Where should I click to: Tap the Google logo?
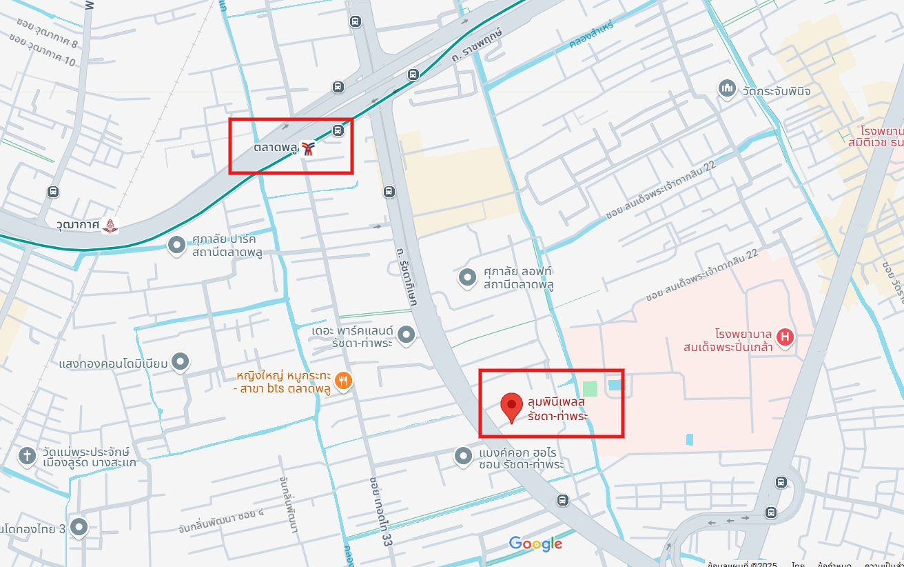(535, 544)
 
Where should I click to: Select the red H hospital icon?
(784, 337)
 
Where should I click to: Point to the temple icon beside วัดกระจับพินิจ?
(727, 88)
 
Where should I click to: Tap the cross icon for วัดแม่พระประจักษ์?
(27, 455)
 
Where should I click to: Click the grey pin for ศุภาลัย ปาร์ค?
(177, 245)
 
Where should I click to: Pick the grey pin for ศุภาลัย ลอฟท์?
(468, 277)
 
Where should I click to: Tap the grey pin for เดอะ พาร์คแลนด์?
(407, 335)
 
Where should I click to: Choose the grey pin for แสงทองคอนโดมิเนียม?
(181, 361)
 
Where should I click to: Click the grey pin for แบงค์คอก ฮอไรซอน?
(463, 455)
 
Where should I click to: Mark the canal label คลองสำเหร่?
(591, 34)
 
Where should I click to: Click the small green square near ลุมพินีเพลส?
(590, 389)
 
